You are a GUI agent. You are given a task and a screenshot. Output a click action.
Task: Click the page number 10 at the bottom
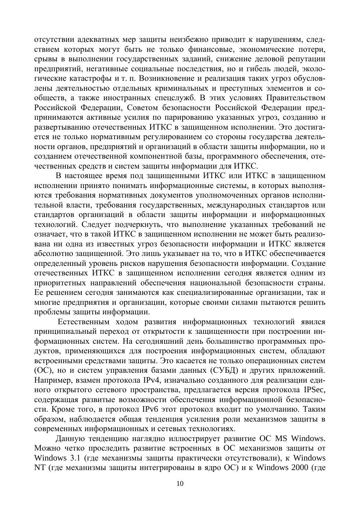pyautogui.click(x=180, y=484)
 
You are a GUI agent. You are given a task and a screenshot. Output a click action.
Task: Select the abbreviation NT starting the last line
pyautogui.click(x=40, y=468)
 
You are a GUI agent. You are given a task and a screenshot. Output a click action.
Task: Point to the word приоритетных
pyautogui.click(x=59, y=283)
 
